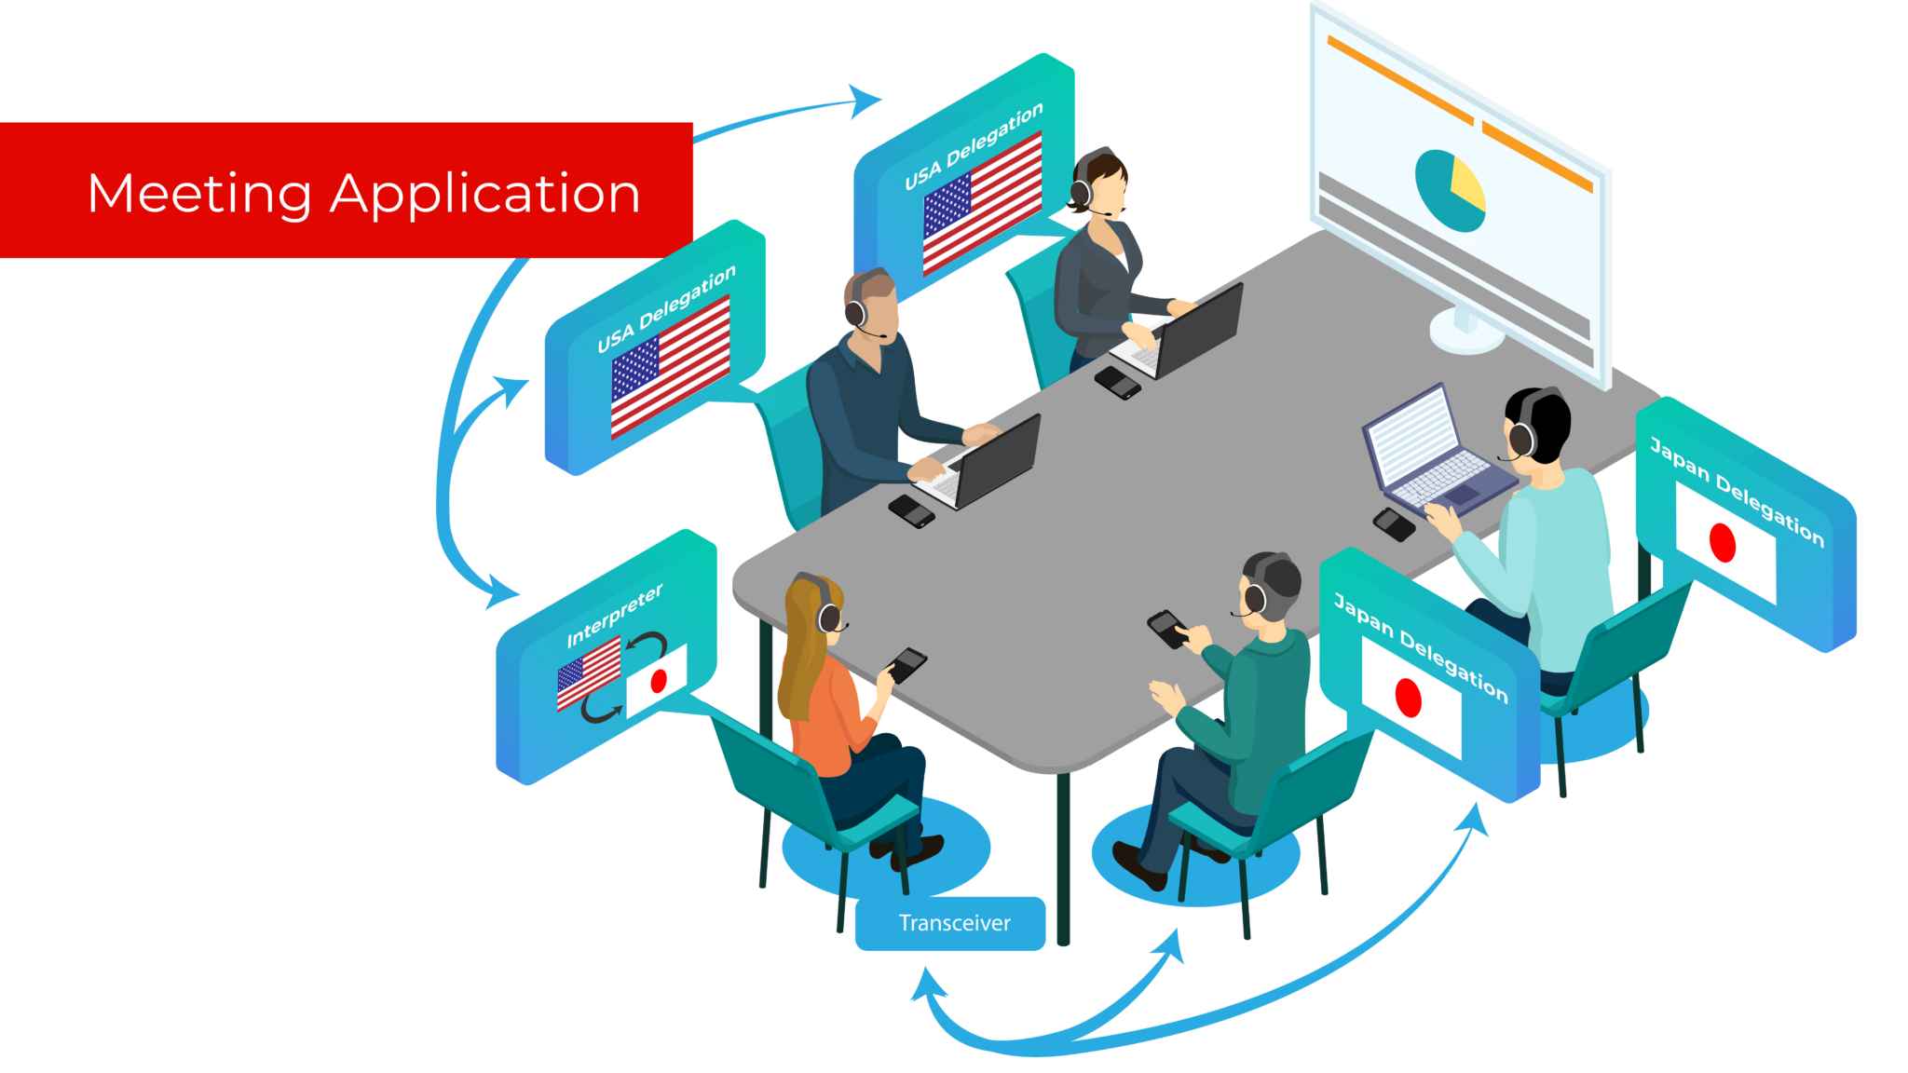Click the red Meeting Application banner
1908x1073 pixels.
coord(347,190)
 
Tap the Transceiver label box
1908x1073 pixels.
coord(950,923)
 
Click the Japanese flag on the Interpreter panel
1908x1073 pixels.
coord(657,680)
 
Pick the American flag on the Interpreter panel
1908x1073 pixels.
coord(589,672)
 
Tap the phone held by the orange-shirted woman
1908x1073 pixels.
coord(906,664)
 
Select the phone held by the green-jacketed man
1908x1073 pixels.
coord(1167,629)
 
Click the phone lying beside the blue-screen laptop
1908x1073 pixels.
coord(1394,523)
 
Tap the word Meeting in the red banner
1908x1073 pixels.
coord(199,194)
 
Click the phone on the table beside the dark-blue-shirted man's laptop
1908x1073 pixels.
coord(911,510)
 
